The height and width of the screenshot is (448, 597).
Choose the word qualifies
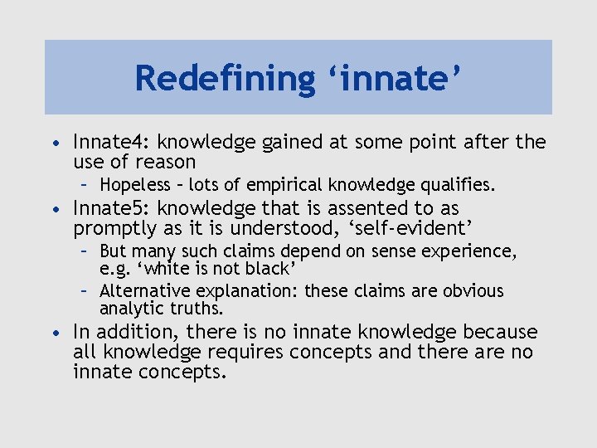tap(459, 183)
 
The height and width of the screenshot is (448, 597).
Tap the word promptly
tap(114, 228)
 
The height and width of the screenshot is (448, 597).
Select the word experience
tap(473, 251)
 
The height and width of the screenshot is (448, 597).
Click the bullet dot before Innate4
tap(55, 144)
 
